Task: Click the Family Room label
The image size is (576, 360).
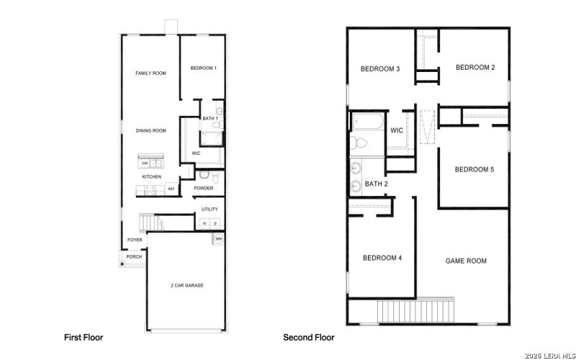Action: [151, 73]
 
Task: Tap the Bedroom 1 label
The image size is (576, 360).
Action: [203, 68]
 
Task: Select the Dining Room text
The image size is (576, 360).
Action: [151, 130]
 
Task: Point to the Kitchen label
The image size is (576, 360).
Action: [151, 176]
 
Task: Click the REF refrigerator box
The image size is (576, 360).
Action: [171, 189]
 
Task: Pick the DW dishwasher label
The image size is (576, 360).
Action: [145, 163]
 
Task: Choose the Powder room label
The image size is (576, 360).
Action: [203, 189]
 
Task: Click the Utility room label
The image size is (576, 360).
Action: [209, 209]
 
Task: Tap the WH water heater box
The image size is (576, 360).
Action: [218, 238]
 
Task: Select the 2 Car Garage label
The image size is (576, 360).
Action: [186, 286]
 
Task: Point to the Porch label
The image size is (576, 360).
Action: [134, 256]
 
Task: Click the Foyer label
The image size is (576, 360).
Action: [135, 240]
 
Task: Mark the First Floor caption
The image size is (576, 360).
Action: [84, 337]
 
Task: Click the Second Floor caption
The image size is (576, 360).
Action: [309, 337]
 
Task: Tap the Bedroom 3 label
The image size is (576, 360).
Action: [380, 69]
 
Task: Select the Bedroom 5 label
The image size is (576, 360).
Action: [474, 170]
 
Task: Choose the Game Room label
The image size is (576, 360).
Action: [466, 261]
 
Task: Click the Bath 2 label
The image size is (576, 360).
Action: [377, 184]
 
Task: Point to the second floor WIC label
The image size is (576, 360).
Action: [397, 130]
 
